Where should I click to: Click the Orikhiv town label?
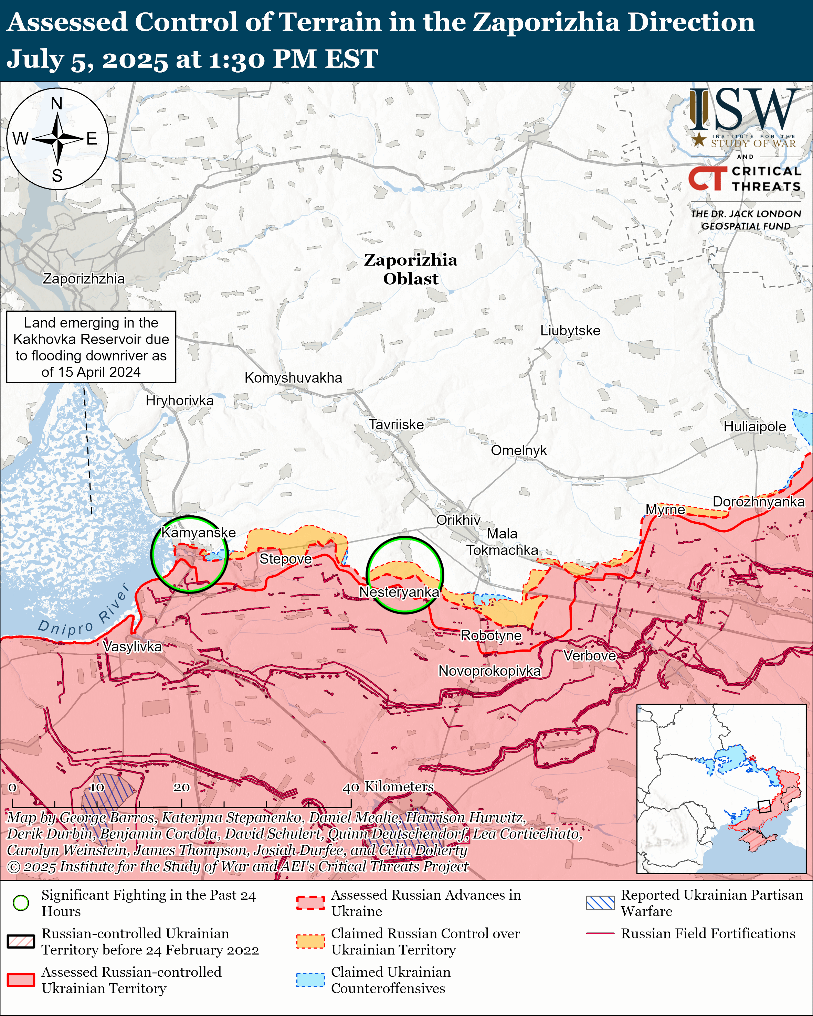tap(458, 520)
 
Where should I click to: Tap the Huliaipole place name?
tap(754, 427)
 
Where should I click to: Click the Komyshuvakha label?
tap(293, 377)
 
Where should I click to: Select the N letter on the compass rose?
tap(56, 103)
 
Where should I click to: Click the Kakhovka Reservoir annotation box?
tap(91, 347)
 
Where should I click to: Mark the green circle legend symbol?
tap(21, 903)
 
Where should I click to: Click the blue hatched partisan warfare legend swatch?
tap(600, 903)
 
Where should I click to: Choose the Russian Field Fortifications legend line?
tap(600, 933)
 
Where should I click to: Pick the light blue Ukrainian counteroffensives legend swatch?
tap(310, 980)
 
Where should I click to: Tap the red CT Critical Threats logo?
tap(707, 179)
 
